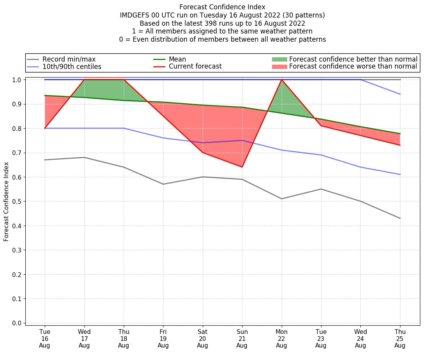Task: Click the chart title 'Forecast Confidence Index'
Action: pyautogui.click(x=222, y=7)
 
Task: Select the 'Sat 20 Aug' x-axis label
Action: pyautogui.click(x=202, y=339)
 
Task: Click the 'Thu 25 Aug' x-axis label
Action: pyautogui.click(x=400, y=339)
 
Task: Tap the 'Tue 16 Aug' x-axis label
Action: pyautogui.click(x=45, y=339)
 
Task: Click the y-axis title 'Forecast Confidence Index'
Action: pyautogui.click(x=6, y=201)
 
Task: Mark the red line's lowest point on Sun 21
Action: pyautogui.click(x=242, y=167)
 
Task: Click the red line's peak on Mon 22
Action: pyautogui.click(x=281, y=80)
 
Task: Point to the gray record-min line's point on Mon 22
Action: pyautogui.click(x=281, y=199)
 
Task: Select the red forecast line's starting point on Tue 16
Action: pyautogui.click(x=45, y=128)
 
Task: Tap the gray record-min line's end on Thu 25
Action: pyautogui.click(x=400, y=218)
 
